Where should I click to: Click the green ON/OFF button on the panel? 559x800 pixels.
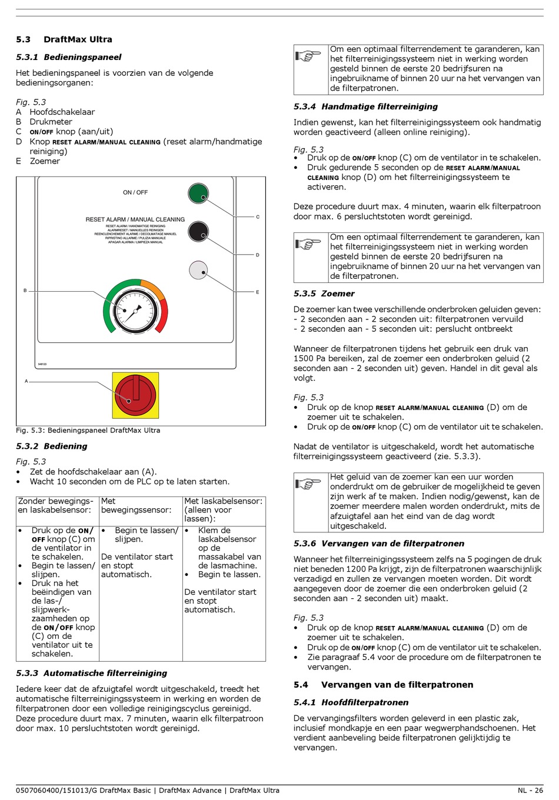pyautogui.click(x=198, y=193)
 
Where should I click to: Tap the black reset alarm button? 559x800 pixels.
pyautogui.click(x=198, y=231)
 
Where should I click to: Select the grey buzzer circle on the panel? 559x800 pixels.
pyautogui.click(x=198, y=270)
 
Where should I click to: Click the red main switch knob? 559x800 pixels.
pyautogui.click(x=135, y=395)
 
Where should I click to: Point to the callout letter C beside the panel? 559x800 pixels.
pyautogui.click(x=258, y=217)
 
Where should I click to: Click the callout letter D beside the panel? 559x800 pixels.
pyautogui.click(x=258, y=255)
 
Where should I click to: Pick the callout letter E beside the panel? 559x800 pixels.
pyautogui.click(x=258, y=292)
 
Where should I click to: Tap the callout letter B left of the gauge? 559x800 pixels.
pyautogui.click(x=25, y=291)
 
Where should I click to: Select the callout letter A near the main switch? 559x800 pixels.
pyautogui.click(x=26, y=381)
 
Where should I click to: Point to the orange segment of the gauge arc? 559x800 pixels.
pyautogui.click(x=154, y=289)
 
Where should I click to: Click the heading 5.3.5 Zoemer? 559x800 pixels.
pyautogui.click(x=324, y=294)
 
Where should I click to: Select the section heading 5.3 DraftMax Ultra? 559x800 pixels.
pyautogui.click(x=64, y=39)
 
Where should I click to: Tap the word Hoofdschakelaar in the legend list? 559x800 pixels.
pyautogui.click(x=62, y=112)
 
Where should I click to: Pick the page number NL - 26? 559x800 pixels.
pyautogui.click(x=530, y=791)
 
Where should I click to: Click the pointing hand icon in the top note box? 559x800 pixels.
pyautogui.click(x=308, y=56)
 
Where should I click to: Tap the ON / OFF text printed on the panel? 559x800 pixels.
pyautogui.click(x=135, y=192)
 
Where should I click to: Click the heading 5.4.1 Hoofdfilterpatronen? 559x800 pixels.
pyautogui.click(x=351, y=702)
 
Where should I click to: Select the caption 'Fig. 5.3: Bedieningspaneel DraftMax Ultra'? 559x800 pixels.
pyautogui.click(x=88, y=430)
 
